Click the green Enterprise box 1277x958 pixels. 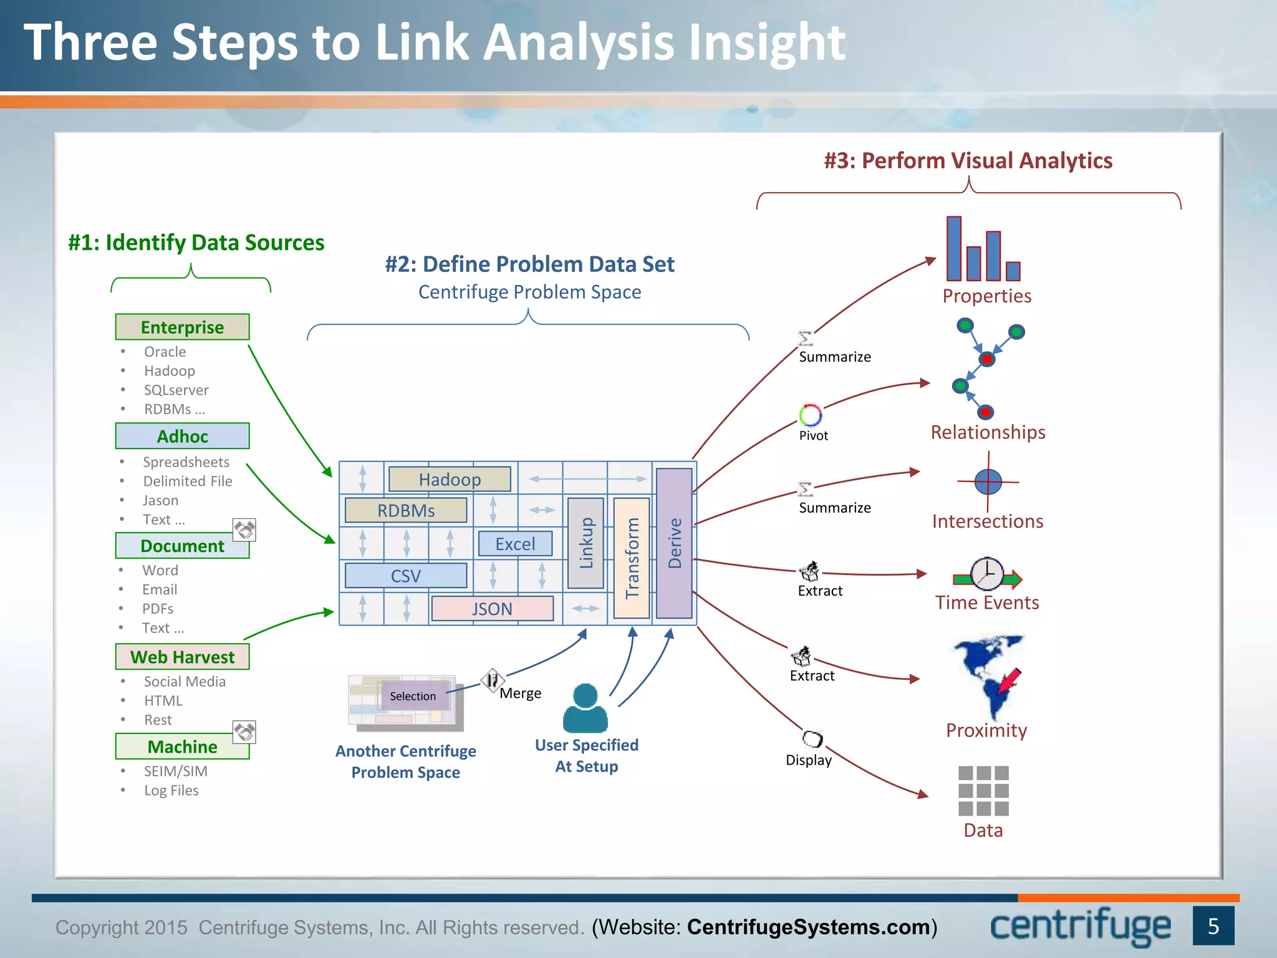pyautogui.click(x=182, y=327)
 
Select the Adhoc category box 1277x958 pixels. pyautogui.click(x=182, y=436)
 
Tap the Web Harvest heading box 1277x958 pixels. pyautogui.click(x=182, y=657)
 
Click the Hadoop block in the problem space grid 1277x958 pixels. pyautogui.click(x=450, y=479)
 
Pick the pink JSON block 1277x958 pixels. pyautogui.click(x=492, y=609)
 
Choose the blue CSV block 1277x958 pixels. pyautogui.click(x=405, y=576)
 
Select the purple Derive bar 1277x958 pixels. pyautogui.click(x=674, y=543)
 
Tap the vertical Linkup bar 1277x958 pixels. pyautogui.click(x=585, y=543)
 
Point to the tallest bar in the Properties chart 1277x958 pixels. pyautogui.click(x=953, y=248)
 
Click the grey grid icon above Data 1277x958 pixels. pyautogui.click(x=983, y=791)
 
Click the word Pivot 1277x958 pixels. pyautogui.click(x=813, y=435)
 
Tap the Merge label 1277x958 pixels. pyautogui.click(x=520, y=694)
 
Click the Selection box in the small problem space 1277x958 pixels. pyautogui.click(x=413, y=696)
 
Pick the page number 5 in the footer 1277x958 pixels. pyautogui.click(x=1213, y=926)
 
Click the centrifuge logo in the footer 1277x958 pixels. pyautogui.click(x=1080, y=927)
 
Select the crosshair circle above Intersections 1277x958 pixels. pyautogui.click(x=988, y=481)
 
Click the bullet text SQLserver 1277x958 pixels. pyautogui.click(x=176, y=390)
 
